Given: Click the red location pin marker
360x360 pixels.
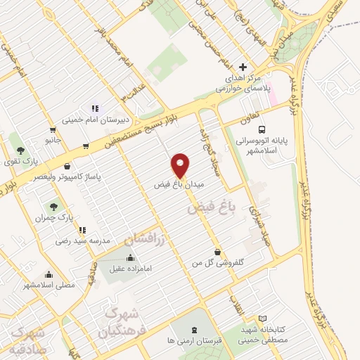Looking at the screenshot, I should coord(181,165).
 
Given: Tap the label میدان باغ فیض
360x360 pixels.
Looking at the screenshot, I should coord(179,184).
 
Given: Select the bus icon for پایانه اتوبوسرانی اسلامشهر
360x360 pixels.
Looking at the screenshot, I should coord(262,130).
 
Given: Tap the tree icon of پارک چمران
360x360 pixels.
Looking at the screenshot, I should coord(54,206).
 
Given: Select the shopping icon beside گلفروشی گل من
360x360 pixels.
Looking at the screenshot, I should coord(217,251).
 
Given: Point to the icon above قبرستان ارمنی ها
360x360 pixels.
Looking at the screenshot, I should coord(195,330).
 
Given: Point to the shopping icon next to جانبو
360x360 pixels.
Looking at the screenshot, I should coord(53,129).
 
